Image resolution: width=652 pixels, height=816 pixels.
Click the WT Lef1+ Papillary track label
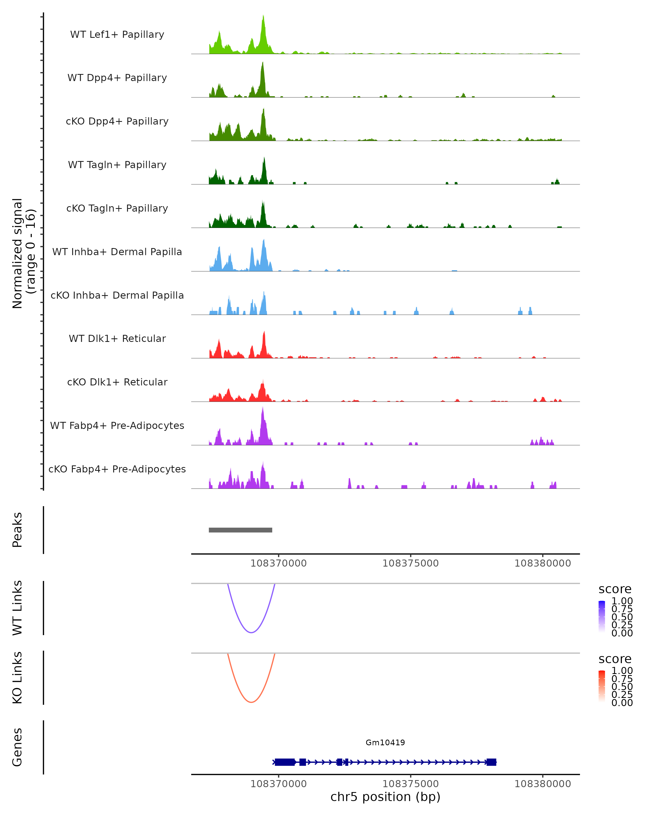point(117,35)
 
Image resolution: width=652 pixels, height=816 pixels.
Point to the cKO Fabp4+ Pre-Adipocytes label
point(117,469)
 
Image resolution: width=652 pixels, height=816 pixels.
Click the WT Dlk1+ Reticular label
point(117,338)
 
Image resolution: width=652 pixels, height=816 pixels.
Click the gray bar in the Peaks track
point(240,530)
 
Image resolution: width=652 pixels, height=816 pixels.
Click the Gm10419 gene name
point(385,743)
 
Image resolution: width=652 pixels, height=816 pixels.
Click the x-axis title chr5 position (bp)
point(385,797)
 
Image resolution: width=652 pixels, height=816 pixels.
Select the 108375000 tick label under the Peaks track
point(410,563)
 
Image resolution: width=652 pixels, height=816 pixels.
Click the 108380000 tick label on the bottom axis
point(543,784)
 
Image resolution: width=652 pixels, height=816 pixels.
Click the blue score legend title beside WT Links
point(615,589)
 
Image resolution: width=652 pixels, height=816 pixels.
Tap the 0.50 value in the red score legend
point(622,687)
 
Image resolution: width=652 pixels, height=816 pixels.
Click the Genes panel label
point(17,747)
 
